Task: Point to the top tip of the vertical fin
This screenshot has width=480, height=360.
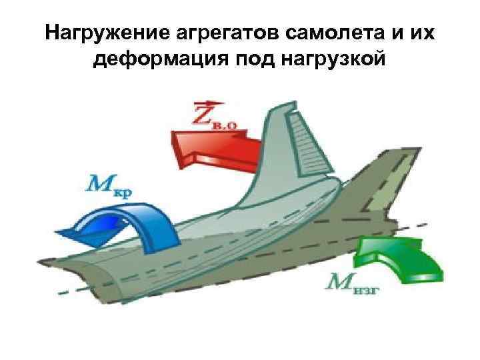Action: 289,105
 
